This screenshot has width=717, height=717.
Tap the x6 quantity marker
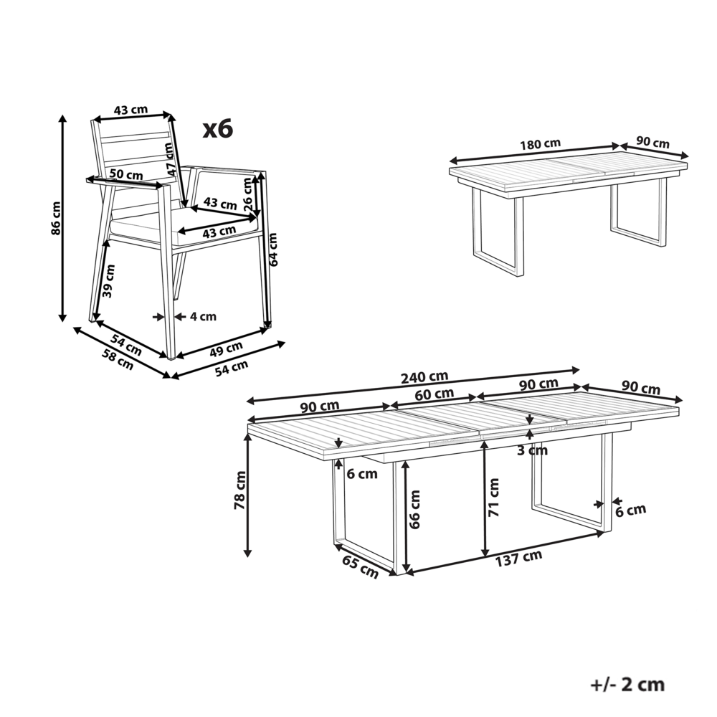[x=217, y=129]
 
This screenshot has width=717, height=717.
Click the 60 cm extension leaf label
[x=435, y=394]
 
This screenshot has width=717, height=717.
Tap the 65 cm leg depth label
[x=359, y=566]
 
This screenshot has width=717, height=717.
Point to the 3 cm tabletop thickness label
[x=531, y=450]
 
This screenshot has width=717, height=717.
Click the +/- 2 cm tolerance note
[x=627, y=684]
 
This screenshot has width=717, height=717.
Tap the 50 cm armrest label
[x=125, y=174]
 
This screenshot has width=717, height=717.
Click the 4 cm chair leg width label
[x=204, y=315]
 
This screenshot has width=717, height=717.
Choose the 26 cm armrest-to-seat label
[x=248, y=194]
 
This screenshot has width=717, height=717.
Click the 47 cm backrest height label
[x=170, y=159]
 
